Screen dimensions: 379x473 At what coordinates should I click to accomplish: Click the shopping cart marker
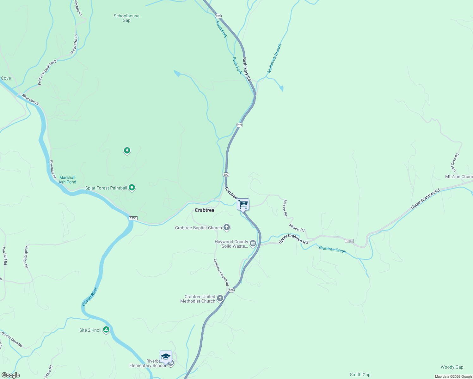tap(243, 204)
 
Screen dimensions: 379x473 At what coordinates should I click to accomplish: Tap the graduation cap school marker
tap(166, 357)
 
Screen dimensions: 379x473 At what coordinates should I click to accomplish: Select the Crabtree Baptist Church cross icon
tap(227, 227)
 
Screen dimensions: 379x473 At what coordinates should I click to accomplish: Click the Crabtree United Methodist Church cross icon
tap(220, 298)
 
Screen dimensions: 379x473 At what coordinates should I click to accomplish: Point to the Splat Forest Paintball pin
tap(132, 188)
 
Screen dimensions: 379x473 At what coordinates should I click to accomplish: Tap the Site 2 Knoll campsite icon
tap(107, 330)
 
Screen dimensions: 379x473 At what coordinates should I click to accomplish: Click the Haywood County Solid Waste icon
tap(253, 243)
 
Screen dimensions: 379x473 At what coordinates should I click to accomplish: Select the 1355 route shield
tap(133, 218)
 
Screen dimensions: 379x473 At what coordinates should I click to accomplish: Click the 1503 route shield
tap(349, 241)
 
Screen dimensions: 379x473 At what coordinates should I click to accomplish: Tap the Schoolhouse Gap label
tap(126, 18)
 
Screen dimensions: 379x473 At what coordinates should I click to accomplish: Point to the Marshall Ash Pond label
tap(67, 180)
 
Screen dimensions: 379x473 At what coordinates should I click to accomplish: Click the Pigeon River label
tap(90, 297)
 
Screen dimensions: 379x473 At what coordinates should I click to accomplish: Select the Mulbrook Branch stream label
tap(274, 58)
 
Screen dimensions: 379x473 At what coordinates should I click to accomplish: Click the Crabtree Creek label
tap(332, 250)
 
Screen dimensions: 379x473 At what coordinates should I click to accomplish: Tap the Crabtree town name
tap(204, 210)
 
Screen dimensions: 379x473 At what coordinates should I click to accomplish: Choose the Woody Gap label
tap(452, 367)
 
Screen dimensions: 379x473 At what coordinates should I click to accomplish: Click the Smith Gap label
tap(360, 375)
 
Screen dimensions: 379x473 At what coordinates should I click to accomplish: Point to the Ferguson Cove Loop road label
tap(47, 72)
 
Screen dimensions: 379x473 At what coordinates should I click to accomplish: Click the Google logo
tap(10, 375)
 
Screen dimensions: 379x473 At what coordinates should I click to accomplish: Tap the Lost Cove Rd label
tap(455, 163)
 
